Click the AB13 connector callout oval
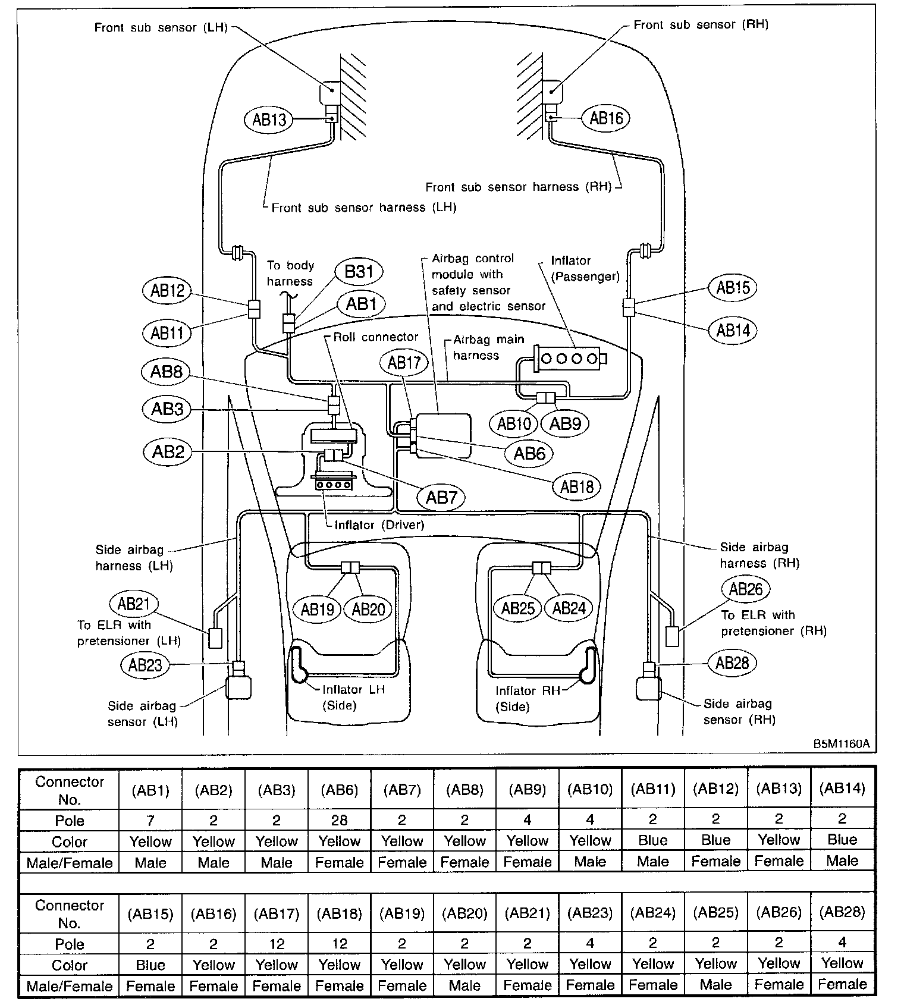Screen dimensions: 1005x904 [269, 120]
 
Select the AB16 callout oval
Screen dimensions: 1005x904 [605, 118]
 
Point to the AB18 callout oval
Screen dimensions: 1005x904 [576, 487]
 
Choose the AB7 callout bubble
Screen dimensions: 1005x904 [441, 497]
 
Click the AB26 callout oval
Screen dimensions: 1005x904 [745, 589]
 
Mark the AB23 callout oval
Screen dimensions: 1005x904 [145, 664]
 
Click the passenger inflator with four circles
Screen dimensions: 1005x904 [570, 359]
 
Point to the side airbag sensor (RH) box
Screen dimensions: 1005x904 [648, 688]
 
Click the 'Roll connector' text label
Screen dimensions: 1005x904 [376, 337]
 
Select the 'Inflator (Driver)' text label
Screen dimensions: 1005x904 [379, 525]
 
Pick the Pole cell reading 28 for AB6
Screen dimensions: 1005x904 [339, 821]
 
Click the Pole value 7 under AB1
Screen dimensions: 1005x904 [150, 821]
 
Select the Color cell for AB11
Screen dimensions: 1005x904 [653, 841]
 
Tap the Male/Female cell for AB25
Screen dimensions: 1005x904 [715, 985]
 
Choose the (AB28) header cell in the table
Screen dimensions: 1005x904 [842, 912]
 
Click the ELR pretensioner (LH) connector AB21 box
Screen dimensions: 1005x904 [215, 638]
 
